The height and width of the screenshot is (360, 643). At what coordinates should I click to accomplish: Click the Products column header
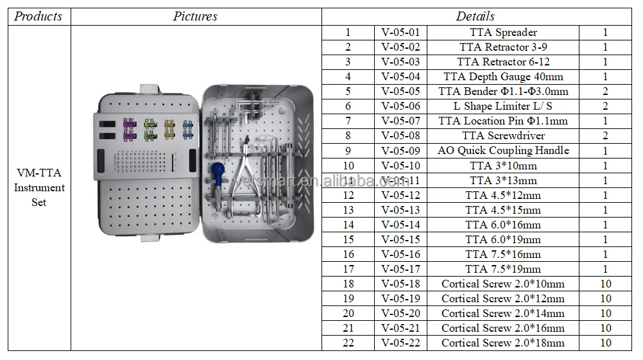pyautogui.click(x=39, y=16)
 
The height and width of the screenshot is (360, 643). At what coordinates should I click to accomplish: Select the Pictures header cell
pyautogui.click(x=195, y=16)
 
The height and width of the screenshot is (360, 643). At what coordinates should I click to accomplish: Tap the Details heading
pyautogui.click(x=475, y=16)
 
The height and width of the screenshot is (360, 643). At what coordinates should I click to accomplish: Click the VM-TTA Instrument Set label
pyautogui.click(x=39, y=187)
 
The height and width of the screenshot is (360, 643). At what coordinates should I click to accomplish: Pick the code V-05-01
pyautogui.click(x=400, y=32)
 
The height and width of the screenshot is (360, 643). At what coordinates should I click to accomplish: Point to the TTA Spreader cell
pyautogui.click(x=503, y=32)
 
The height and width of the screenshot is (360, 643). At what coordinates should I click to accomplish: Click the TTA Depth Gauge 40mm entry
pyautogui.click(x=503, y=76)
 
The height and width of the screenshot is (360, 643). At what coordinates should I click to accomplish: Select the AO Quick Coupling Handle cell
pyautogui.click(x=503, y=150)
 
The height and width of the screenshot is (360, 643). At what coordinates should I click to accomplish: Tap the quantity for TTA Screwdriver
pyautogui.click(x=605, y=135)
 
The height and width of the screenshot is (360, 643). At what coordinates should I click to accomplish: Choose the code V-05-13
pyautogui.click(x=400, y=210)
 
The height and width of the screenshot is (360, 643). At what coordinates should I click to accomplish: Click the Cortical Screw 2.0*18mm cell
pyautogui.click(x=503, y=343)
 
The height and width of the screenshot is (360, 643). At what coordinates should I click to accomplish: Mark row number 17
pyautogui.click(x=348, y=269)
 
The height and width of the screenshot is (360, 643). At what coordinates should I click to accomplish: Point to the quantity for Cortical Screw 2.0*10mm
pyautogui.click(x=605, y=284)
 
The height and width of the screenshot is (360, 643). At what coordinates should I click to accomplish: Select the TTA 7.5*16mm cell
pyautogui.click(x=503, y=254)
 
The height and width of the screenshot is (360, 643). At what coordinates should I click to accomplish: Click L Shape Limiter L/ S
pyautogui.click(x=503, y=106)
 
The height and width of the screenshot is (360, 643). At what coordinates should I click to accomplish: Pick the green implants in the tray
pyautogui.click(x=150, y=128)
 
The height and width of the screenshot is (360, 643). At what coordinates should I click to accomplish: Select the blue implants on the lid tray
pyautogui.click(x=188, y=129)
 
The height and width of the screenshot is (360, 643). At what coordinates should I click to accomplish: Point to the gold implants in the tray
pyautogui.click(x=170, y=128)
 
